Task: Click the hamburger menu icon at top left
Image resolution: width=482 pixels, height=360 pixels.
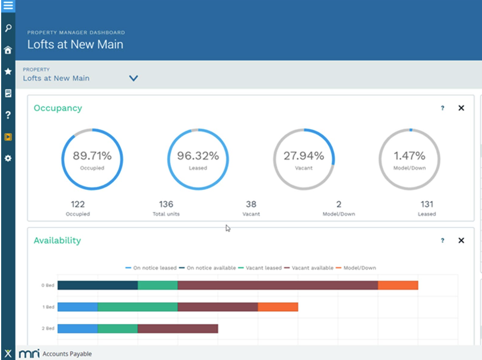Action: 8,7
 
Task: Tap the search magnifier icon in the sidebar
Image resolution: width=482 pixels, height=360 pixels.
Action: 8,28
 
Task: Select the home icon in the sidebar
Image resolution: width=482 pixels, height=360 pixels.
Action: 8,50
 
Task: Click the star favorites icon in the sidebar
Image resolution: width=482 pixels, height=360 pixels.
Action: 8,71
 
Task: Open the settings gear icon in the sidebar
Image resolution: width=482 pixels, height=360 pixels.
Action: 8,159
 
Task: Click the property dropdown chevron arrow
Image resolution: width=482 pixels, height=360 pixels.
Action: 133,78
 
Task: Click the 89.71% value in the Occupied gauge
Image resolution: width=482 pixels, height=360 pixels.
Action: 92,156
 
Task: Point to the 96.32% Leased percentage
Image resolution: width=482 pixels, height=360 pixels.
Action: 198,156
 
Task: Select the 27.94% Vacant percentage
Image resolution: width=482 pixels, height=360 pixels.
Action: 304,156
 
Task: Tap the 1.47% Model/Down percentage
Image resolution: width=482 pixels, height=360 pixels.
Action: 410,156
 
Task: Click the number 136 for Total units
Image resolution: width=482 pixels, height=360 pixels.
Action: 166,204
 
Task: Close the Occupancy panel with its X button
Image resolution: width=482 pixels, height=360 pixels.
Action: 461,108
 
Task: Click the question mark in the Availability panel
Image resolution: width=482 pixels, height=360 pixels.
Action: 442,240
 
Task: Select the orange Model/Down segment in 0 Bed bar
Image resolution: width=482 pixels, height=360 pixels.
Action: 398,285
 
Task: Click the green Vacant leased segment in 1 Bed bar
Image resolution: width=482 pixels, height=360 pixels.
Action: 137,307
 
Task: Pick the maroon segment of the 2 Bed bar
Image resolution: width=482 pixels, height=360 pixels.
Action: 177,328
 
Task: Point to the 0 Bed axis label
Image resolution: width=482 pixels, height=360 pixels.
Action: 48,285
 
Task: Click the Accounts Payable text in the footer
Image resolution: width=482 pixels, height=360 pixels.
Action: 67,354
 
